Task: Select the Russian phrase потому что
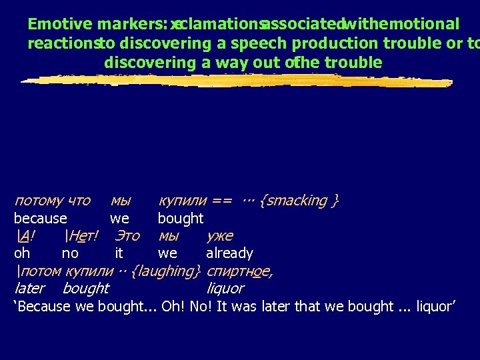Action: click(52, 201)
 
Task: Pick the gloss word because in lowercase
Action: click(41, 219)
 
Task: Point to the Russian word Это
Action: click(127, 236)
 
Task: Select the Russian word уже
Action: click(219, 236)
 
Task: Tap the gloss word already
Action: click(229, 253)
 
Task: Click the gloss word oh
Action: click(21, 253)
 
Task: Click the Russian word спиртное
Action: click(239, 271)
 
